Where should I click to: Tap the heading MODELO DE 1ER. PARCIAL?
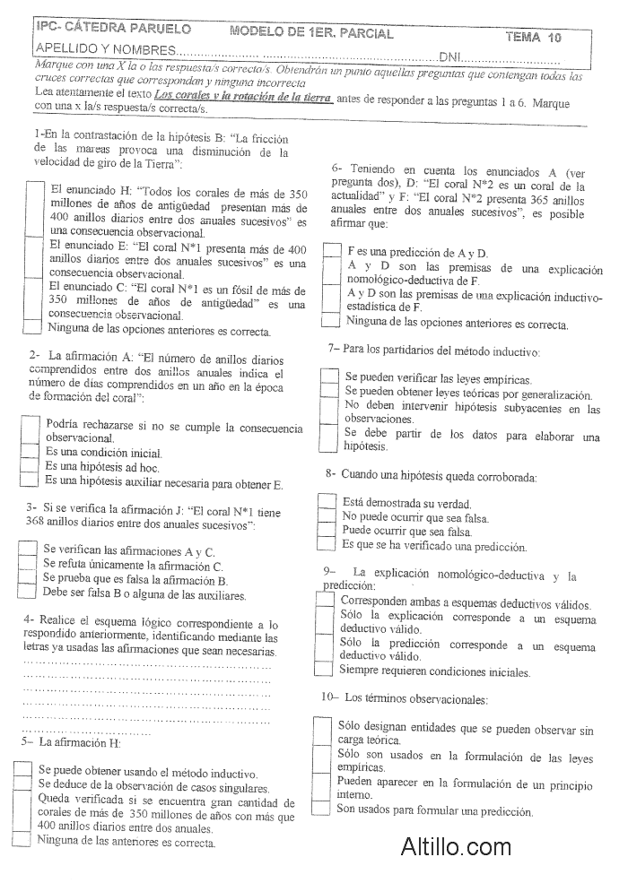[311, 34]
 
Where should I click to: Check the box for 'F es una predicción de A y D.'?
[331, 252]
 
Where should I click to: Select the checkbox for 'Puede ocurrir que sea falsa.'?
[327, 530]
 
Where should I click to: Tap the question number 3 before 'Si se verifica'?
[31, 507]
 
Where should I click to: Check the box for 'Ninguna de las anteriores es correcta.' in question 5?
[22, 841]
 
